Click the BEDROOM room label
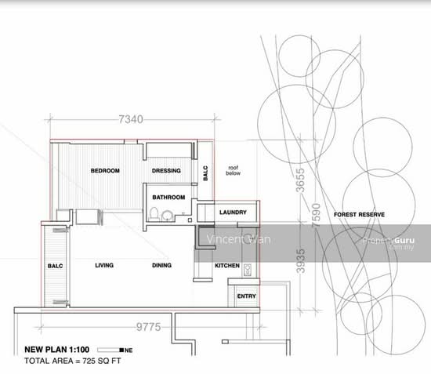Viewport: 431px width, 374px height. click(105, 170)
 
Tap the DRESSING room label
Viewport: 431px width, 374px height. click(166, 170)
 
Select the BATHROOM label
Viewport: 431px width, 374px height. click(168, 197)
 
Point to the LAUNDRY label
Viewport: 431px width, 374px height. click(233, 212)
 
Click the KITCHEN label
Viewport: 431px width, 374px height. click(227, 265)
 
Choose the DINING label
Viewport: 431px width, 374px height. click(161, 265)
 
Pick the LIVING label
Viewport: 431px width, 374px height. click(104, 265)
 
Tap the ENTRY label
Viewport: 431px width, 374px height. click(246, 296)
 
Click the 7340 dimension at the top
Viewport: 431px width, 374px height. click(131, 119)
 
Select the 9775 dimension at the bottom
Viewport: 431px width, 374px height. click(148, 327)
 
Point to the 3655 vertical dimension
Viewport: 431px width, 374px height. click(300, 180)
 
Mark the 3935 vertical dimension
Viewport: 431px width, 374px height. click(300, 260)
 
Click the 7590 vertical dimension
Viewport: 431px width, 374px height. click(316, 216)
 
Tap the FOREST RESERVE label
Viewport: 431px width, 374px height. click(359, 215)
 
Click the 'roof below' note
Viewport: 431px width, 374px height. click(233, 170)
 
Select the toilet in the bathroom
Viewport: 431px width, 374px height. click(154, 214)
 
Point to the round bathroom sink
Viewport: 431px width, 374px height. click(167, 216)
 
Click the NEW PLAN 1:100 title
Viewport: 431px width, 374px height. click(57, 350)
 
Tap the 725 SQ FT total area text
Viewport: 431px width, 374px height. click(101, 361)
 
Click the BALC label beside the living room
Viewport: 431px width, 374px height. click(55, 266)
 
